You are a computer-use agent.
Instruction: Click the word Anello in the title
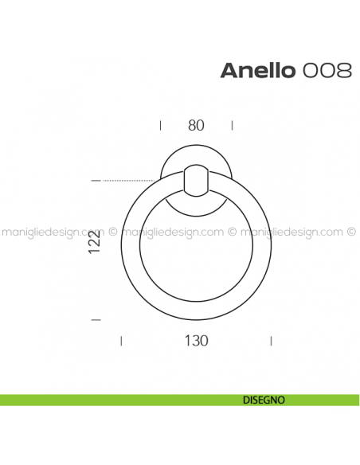coord(258,70)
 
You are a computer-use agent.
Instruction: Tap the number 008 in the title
coord(327,70)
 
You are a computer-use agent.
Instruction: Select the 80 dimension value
coord(196,125)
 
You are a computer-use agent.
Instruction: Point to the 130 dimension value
coord(196,341)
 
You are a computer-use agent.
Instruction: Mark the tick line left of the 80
coord(161,125)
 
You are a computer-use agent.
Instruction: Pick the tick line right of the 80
coord(232,125)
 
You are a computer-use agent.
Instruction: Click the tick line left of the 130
coord(120,341)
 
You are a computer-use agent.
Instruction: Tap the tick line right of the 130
coord(272,341)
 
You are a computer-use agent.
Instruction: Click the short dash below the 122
coord(96,320)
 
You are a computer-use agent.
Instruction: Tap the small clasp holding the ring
coord(196,180)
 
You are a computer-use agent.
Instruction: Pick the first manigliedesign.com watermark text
coord(53,233)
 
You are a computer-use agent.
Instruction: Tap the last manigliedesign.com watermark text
coord(292,233)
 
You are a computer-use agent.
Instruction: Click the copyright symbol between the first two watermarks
coord(113,233)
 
